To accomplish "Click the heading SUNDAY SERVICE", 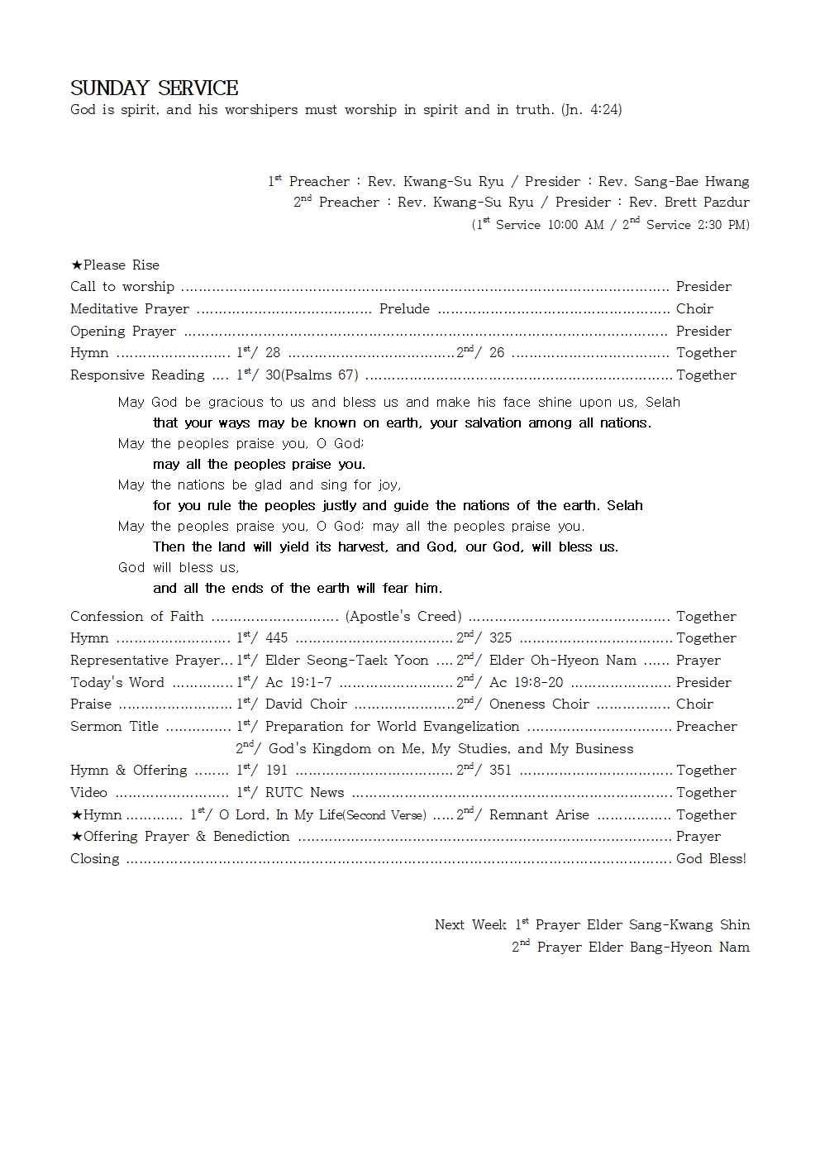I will [x=155, y=88].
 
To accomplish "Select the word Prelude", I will [x=404, y=308].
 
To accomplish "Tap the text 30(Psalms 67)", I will [x=312, y=375].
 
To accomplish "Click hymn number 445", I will [x=277, y=637].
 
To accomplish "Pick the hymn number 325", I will [x=500, y=637].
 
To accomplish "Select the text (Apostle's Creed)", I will [x=403, y=616].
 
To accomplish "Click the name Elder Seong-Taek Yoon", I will [x=346, y=660].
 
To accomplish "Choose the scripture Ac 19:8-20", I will [x=526, y=682].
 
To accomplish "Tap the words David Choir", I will [x=306, y=704].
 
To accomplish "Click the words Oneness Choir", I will [x=539, y=704].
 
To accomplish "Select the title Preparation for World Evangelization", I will [x=392, y=726].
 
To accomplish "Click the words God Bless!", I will [x=711, y=858].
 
